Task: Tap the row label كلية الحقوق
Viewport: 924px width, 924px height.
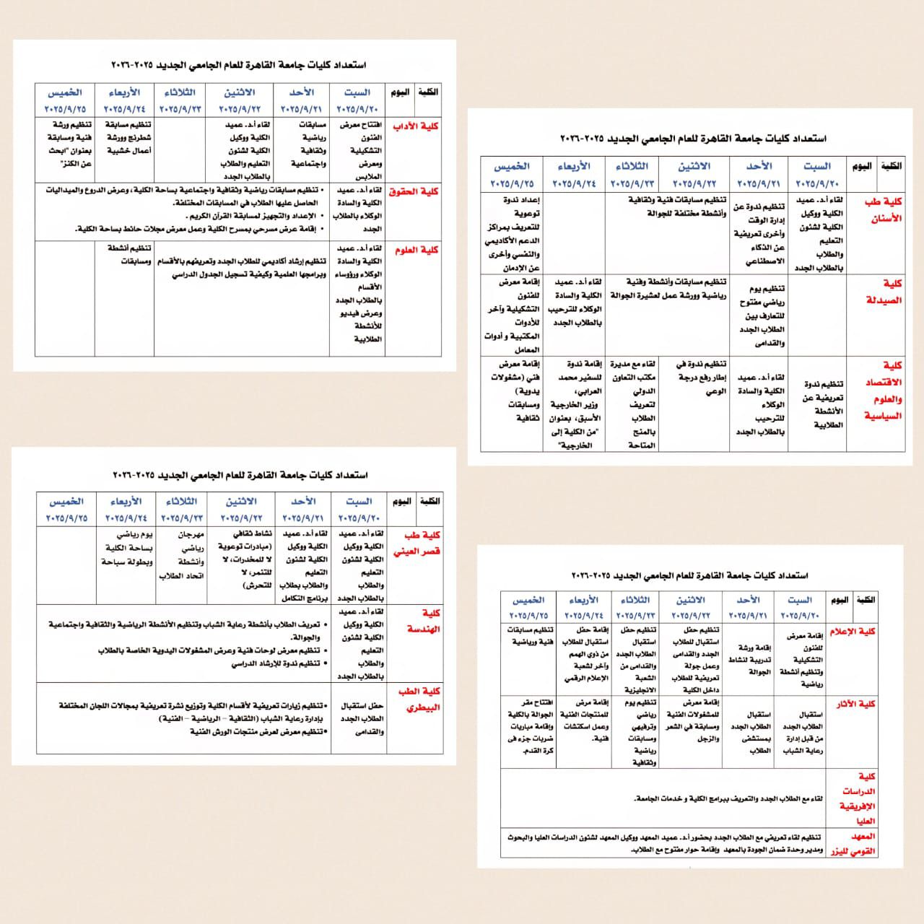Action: click(x=414, y=192)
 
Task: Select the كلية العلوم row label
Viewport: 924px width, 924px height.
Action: click(x=417, y=250)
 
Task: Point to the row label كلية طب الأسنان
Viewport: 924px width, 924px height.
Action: click(x=883, y=210)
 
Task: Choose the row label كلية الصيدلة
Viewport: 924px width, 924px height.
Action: click(x=884, y=292)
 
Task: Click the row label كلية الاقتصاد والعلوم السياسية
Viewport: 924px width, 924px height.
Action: click(x=884, y=391)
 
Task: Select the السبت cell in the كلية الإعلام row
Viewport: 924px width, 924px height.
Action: click(x=801, y=660)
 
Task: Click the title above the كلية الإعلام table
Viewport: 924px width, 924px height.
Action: click(x=689, y=576)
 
